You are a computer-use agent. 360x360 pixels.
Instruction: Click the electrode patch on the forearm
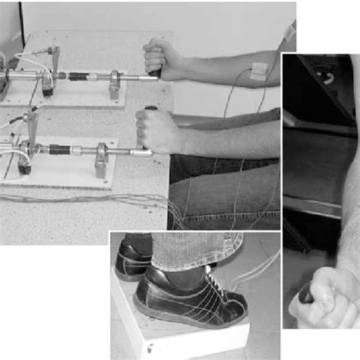click(260, 71)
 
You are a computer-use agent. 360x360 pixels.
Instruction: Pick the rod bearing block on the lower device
click(101, 159)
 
